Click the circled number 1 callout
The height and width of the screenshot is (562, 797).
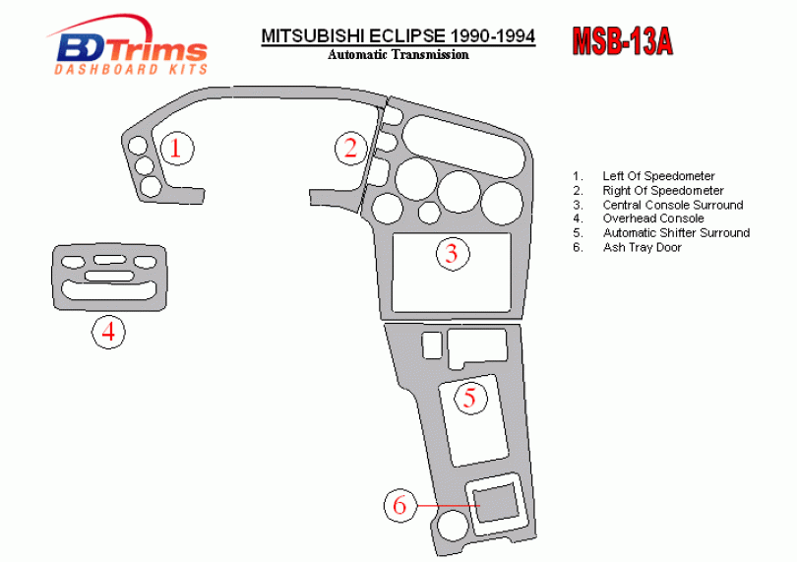[x=176, y=149]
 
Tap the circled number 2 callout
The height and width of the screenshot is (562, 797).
[x=350, y=149]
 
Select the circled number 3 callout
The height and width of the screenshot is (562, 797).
[x=452, y=253]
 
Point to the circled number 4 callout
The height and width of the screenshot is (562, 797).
[x=108, y=332]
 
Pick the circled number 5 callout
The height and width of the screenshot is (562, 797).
[x=469, y=398]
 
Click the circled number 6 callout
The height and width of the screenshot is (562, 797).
[x=399, y=506]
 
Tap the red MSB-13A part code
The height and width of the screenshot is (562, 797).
[x=622, y=40]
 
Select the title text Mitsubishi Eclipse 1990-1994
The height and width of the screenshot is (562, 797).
[x=398, y=36]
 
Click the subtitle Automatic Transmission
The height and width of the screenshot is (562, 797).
[x=398, y=55]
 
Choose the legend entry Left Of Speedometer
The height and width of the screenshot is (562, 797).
[x=658, y=176]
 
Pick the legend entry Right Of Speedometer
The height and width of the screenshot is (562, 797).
[x=663, y=191]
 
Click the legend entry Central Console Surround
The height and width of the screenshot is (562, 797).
[x=673, y=205]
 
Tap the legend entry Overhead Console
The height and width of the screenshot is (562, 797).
[x=653, y=219]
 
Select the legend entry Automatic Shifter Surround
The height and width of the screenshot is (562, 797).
[x=676, y=233]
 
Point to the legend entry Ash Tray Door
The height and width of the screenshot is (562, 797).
[x=642, y=247]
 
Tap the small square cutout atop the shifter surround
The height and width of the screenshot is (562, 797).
[x=431, y=344]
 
